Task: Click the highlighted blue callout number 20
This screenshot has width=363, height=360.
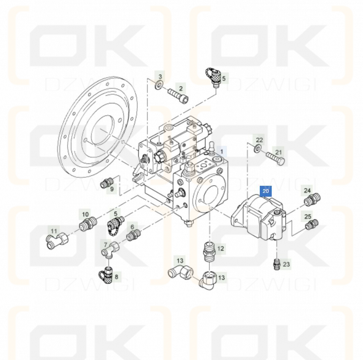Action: point(266,191)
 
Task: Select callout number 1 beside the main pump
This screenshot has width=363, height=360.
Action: point(222,152)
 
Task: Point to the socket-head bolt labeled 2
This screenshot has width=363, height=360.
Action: point(178,96)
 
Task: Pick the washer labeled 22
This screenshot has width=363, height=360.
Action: point(257,148)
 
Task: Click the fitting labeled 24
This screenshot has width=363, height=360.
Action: point(312,199)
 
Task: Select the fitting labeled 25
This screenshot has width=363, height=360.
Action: point(311,224)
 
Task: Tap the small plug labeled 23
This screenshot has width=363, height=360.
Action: point(276,264)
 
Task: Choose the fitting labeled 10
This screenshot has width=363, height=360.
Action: point(88,223)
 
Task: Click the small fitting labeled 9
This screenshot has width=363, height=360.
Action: point(107,182)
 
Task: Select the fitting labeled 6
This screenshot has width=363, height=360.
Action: point(133,235)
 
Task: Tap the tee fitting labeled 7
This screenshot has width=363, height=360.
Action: point(110,249)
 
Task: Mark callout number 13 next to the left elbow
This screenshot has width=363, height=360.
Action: point(180,261)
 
